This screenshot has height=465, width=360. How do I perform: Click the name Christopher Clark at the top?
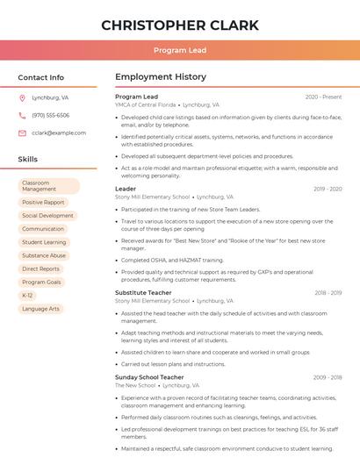tap(179, 25)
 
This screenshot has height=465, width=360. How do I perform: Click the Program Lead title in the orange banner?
tap(179, 50)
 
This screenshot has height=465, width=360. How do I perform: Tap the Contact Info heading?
tap(40, 77)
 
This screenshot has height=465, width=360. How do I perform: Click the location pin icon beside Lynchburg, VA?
tap(22, 97)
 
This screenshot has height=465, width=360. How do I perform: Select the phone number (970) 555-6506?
tap(50, 115)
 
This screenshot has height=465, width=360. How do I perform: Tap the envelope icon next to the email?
tap(22, 132)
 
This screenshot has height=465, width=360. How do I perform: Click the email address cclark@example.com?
tap(53, 132)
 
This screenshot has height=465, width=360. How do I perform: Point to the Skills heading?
tap(27, 160)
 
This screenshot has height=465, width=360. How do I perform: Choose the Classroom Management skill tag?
tap(48, 186)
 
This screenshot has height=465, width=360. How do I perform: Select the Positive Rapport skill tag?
tap(43, 203)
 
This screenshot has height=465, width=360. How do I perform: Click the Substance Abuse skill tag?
tap(44, 255)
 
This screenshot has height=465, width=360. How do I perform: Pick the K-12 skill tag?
tap(27, 296)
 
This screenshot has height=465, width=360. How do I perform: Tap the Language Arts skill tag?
tap(40, 309)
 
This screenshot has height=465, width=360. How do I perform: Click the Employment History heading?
tap(161, 77)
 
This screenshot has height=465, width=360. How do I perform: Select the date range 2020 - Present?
tap(323, 97)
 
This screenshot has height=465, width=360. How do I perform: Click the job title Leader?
tap(126, 189)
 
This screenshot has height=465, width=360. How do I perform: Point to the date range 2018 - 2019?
tap(328, 292)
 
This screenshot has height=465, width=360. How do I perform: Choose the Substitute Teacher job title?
tap(143, 292)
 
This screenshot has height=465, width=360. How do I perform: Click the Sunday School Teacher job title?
tap(149, 377)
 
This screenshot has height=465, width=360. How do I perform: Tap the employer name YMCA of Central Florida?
tap(146, 104)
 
